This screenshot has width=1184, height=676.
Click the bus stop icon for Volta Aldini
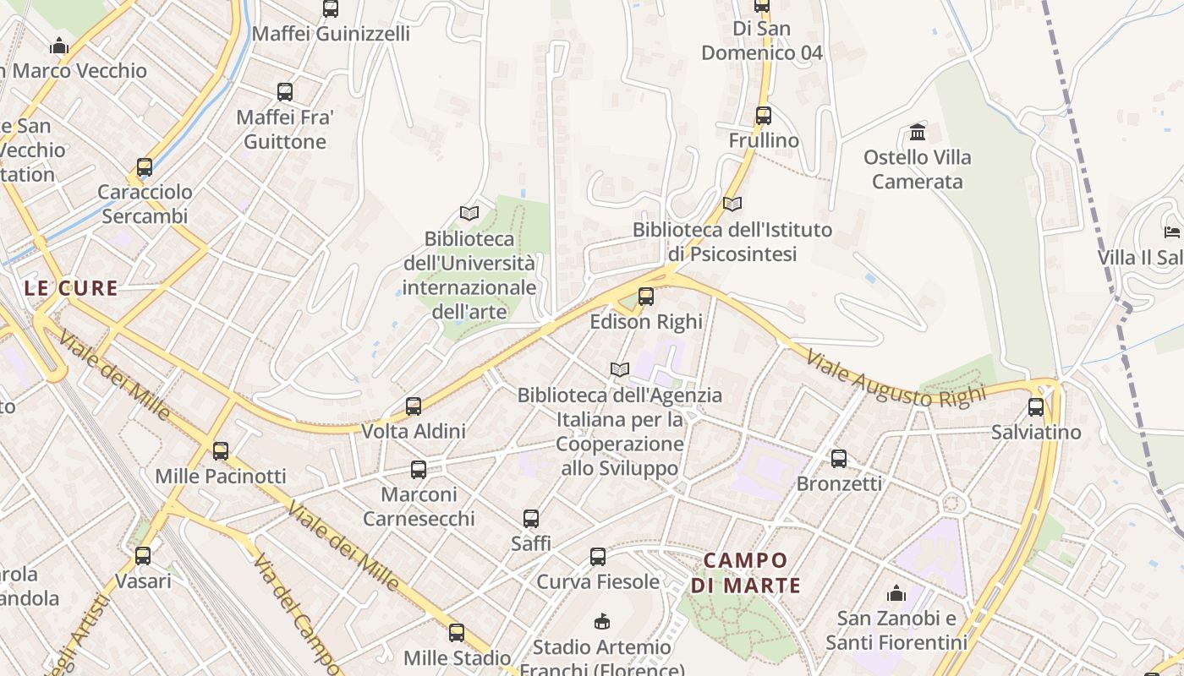[x=414, y=406]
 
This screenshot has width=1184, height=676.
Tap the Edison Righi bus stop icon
[x=646, y=297]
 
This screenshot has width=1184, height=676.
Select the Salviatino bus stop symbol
[x=1036, y=407]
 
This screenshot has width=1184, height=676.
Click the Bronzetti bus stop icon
[x=839, y=459]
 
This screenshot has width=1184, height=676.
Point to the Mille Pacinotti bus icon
[x=221, y=451]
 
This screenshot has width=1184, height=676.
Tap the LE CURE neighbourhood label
[x=71, y=288]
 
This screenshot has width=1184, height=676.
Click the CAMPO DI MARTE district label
[x=746, y=572]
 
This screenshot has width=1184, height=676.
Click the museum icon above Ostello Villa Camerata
[x=918, y=132]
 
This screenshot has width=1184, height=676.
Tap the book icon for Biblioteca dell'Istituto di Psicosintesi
[x=732, y=204]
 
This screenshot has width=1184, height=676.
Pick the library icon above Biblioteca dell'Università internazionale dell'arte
[x=469, y=213]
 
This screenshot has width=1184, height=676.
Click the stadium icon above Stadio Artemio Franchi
[x=602, y=622]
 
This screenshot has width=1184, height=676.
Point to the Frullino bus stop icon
[x=764, y=115]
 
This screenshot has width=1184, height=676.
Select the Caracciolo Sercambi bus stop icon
[x=145, y=167]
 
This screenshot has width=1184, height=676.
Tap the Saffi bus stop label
[x=531, y=543]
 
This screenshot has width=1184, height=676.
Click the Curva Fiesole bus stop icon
[x=598, y=557]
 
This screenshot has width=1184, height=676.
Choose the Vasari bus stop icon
[x=143, y=556]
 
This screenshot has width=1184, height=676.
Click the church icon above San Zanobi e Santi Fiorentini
[x=896, y=593]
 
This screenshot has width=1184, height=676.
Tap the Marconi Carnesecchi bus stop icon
[x=419, y=470]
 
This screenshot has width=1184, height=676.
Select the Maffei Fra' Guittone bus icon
[x=285, y=92]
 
